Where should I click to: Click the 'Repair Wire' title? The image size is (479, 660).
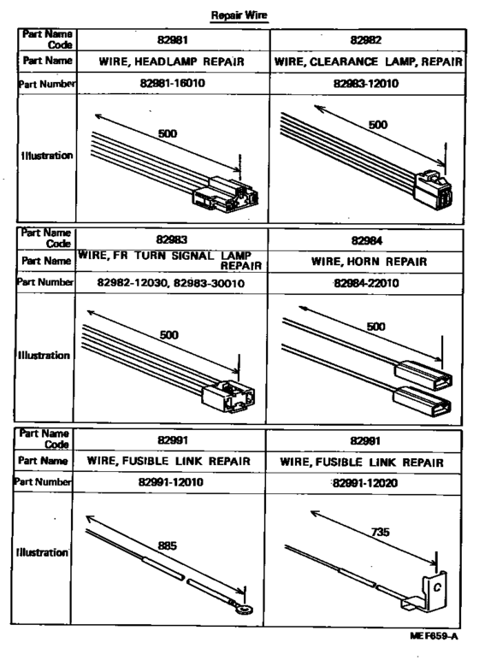coord(239,15)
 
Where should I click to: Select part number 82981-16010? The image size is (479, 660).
coord(173,83)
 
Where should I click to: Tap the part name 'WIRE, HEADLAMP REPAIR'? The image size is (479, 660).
coord(171,62)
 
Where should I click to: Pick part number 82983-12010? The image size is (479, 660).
coord(366,83)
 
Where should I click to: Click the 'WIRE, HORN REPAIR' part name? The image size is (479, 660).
coord(369,262)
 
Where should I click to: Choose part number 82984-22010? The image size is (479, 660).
coord(366,283)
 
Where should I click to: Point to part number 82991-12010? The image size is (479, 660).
coord(170,482)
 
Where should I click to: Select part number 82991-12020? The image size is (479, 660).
coord(365,483)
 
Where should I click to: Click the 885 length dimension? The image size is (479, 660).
coord(167,546)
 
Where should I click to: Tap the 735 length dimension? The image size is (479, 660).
coord(381,533)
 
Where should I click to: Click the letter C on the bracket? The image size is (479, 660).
coord(437,587)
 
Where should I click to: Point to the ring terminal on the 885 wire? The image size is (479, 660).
coord(244,609)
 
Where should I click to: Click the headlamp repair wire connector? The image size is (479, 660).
coord(226,195)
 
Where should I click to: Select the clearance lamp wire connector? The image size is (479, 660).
coord(433,189)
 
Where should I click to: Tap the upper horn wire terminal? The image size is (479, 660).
coord(423,375)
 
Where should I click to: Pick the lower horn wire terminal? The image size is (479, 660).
coord(423,400)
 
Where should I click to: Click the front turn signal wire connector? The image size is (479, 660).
coord(228,397)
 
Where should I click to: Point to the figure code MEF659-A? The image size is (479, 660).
coord(434,636)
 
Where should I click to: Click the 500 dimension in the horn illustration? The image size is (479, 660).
coord(376,327)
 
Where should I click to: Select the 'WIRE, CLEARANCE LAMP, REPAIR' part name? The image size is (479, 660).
coord(368,62)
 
